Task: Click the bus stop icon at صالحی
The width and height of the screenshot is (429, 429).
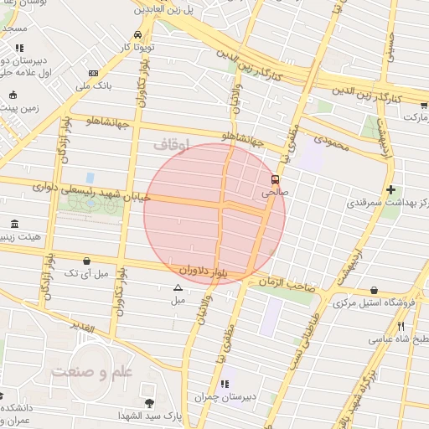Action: click(275, 179)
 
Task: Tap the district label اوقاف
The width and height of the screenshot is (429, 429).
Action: click(171, 145)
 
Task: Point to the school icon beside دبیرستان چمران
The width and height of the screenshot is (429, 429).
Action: click(225, 384)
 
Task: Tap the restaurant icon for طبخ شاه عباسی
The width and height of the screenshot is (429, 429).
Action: click(401, 326)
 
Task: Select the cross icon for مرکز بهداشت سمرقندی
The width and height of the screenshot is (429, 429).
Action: click(390, 190)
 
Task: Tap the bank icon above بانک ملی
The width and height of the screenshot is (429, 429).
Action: click(93, 73)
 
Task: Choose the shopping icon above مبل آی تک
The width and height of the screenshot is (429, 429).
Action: click(87, 261)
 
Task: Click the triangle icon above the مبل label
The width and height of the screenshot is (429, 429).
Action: click(177, 287)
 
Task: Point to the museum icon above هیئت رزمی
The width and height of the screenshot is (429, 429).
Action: click(14, 224)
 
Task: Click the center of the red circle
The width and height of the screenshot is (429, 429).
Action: click(214, 210)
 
